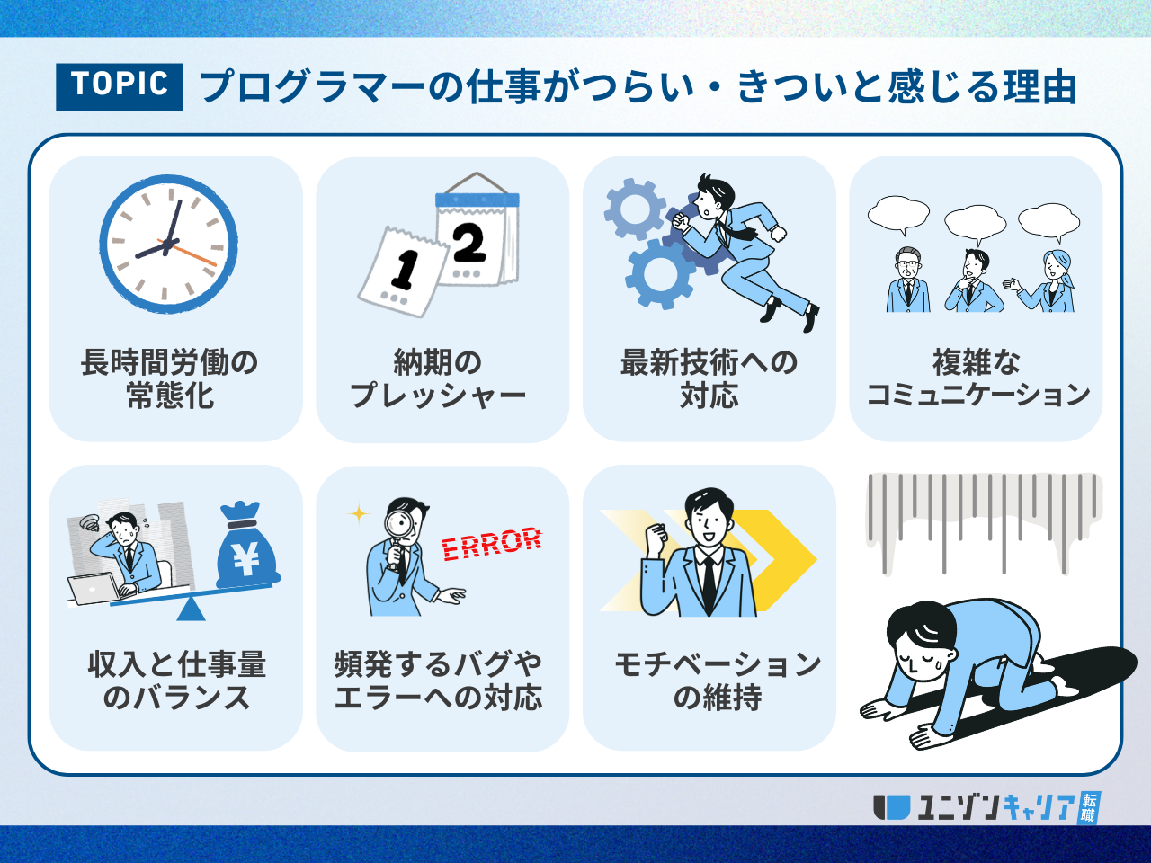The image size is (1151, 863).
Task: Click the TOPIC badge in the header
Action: pos(119,87)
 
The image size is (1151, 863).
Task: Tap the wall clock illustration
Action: pos(168,244)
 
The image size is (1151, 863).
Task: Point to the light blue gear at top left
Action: pos(635,209)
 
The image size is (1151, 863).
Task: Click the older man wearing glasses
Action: pos(908,280)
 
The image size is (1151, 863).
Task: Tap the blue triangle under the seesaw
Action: pos(191,609)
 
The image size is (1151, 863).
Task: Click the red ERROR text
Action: pos(493,544)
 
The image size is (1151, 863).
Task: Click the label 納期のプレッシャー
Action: pos(438,379)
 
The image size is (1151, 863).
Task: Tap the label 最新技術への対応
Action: pos(709,379)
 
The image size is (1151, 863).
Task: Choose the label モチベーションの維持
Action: pos(718,681)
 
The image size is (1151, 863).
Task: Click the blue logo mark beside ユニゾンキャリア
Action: pos(891,807)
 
